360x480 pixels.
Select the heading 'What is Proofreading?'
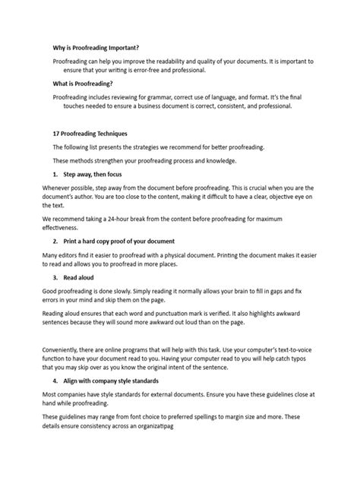(x=83, y=84)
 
